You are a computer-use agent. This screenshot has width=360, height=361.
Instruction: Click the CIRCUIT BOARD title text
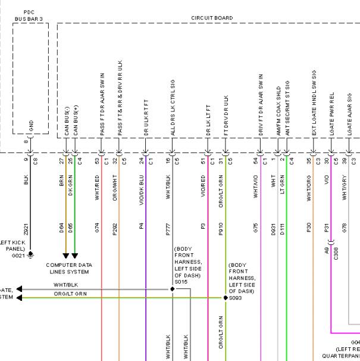click(212, 18)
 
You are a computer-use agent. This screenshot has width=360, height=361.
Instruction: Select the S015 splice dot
click(173, 288)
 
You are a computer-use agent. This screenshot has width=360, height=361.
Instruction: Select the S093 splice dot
click(224, 297)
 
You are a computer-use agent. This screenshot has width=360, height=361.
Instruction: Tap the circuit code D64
click(61, 229)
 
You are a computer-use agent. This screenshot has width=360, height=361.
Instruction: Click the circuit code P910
click(220, 229)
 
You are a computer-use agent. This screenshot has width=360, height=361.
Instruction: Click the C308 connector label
click(335, 253)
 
